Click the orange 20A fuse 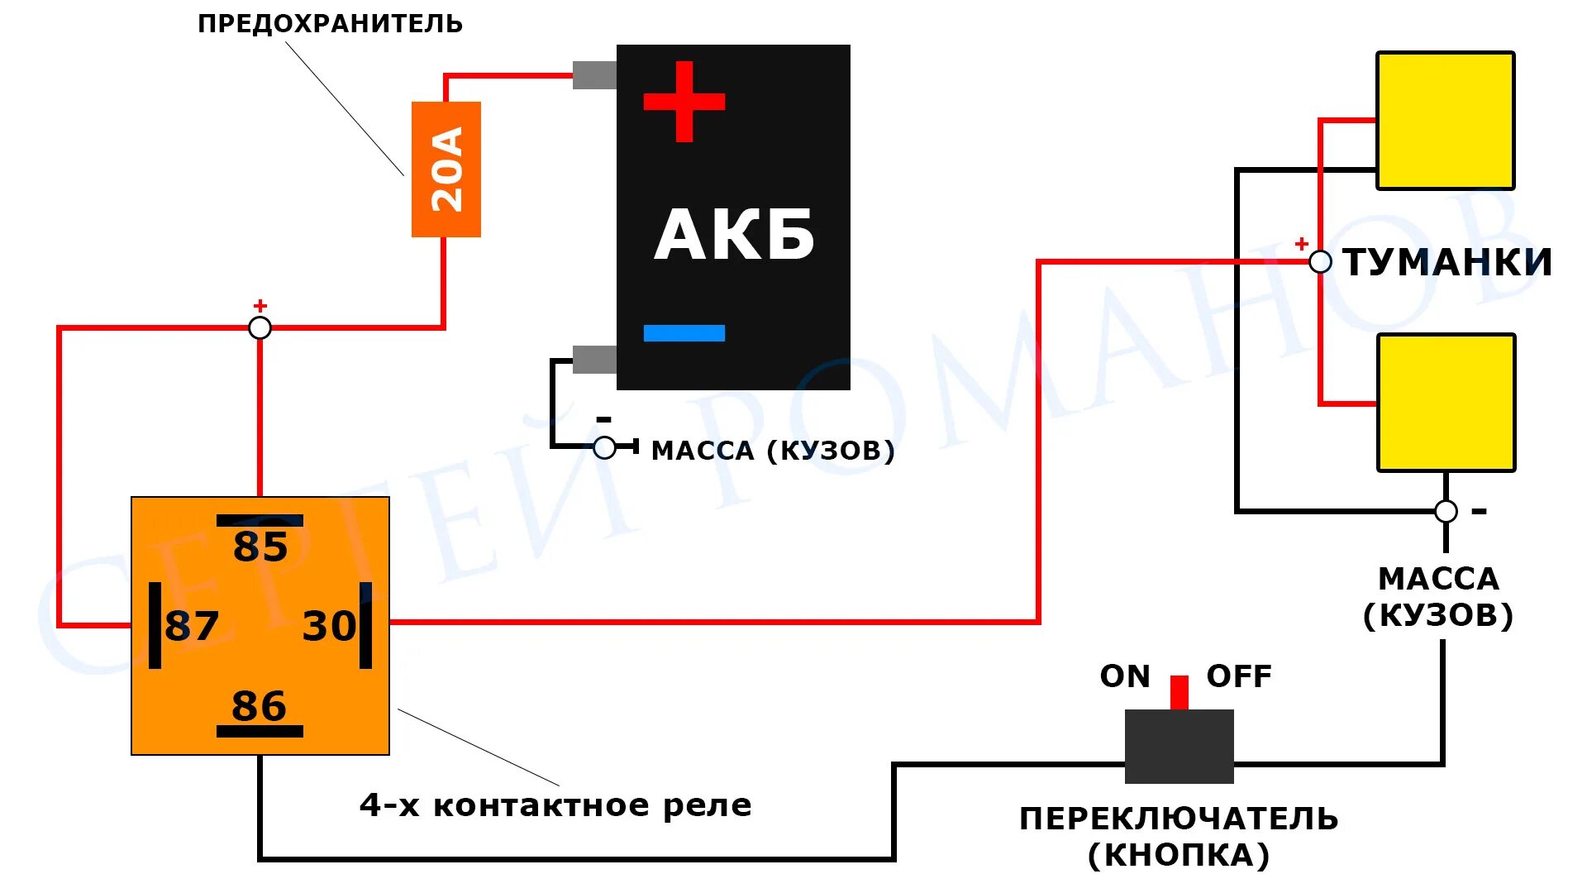tap(446, 170)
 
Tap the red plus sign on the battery tap(684, 102)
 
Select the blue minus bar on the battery tap(684, 333)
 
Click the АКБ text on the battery tap(734, 236)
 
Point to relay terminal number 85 tap(260, 546)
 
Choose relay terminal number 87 tap(192, 626)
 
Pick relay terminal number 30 tap(329, 626)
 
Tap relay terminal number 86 tap(260, 706)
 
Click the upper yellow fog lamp tap(1445, 121)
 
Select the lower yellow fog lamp tap(1446, 403)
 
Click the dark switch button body tap(1180, 747)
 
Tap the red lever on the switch tap(1180, 693)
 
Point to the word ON tap(1125, 676)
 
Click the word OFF tap(1239, 676)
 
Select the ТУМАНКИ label tap(1447, 262)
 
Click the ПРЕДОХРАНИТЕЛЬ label tap(330, 24)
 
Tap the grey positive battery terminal tap(594, 75)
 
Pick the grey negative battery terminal tap(594, 360)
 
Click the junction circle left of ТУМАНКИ tap(1321, 262)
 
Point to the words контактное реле tap(592, 805)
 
